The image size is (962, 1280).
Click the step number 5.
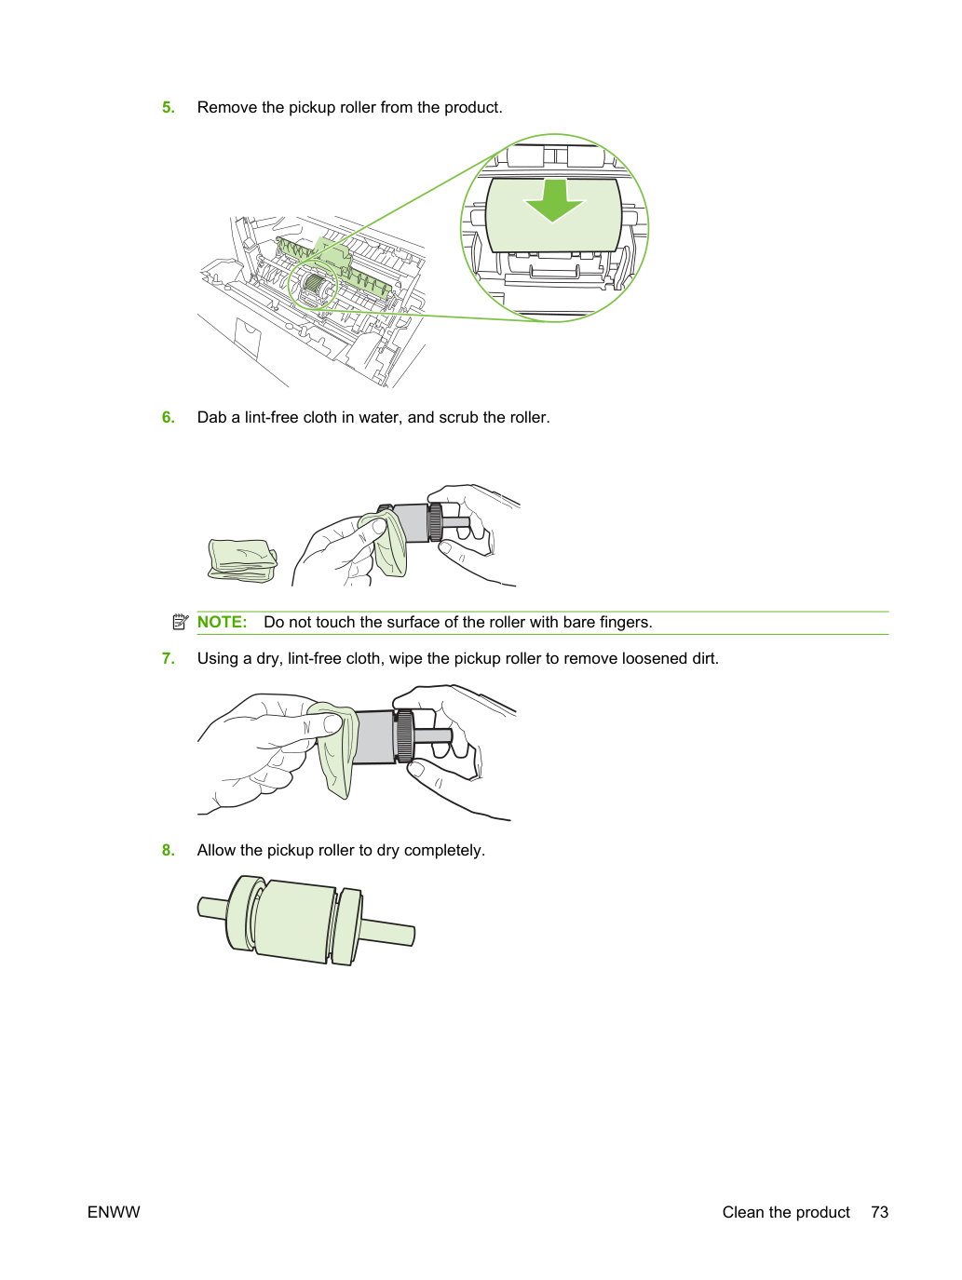(x=168, y=107)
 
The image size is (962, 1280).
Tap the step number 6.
(x=168, y=418)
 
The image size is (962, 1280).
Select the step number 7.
(x=168, y=658)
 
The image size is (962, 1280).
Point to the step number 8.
(x=168, y=850)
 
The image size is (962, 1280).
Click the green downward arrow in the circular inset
(x=553, y=201)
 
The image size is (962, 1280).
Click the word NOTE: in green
(x=222, y=622)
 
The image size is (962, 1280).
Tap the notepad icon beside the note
(x=181, y=622)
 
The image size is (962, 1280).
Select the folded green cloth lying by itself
(x=242, y=561)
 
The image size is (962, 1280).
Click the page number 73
(x=879, y=1212)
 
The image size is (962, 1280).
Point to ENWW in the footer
(x=114, y=1212)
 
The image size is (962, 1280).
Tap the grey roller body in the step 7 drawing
(x=374, y=736)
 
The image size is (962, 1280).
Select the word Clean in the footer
(x=743, y=1212)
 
